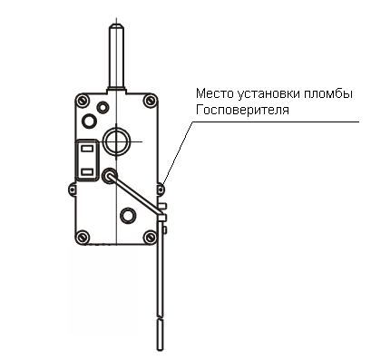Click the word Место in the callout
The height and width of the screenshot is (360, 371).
(x=214, y=93)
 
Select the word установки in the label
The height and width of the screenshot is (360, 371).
(x=264, y=94)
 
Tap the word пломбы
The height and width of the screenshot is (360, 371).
(x=325, y=93)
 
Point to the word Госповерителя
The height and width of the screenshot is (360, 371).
(x=242, y=110)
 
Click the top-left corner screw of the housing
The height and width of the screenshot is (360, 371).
(x=83, y=101)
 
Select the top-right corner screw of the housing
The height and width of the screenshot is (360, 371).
(x=150, y=101)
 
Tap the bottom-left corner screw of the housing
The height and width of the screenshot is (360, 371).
(x=83, y=237)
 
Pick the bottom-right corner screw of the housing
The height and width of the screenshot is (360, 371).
(x=150, y=237)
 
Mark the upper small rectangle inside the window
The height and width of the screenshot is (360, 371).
(x=87, y=149)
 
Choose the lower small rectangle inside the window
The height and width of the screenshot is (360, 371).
(x=87, y=172)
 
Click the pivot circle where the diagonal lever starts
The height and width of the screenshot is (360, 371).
(x=109, y=176)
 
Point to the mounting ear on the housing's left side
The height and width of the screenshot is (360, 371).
(x=72, y=189)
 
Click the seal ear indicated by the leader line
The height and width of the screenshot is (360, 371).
(x=161, y=189)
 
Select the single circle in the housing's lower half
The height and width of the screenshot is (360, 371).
(x=128, y=216)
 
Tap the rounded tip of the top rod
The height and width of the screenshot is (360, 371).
(x=116, y=26)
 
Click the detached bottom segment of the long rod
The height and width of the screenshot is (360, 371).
(x=161, y=335)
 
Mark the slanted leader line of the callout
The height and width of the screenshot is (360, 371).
(x=178, y=153)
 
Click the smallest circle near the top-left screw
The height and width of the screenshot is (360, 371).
(x=103, y=107)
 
